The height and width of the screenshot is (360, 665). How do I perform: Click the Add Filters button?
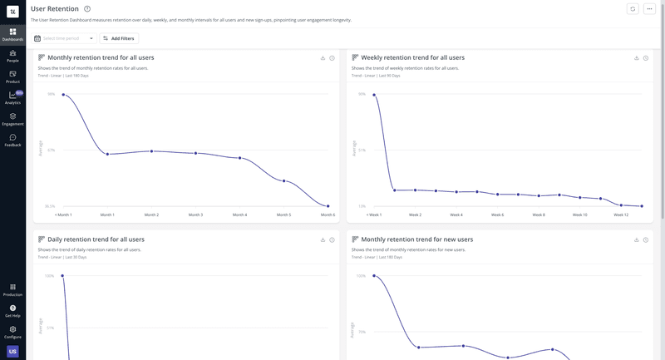(x=119, y=38)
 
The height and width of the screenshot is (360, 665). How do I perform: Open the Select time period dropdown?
(x=64, y=38)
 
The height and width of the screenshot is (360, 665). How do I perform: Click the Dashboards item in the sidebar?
(x=12, y=34)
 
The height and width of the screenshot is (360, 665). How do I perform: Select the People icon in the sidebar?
(x=12, y=56)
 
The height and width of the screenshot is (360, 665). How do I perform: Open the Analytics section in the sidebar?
(x=12, y=98)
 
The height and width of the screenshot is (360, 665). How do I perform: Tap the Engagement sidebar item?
(x=12, y=119)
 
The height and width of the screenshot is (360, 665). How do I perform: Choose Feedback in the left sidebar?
(x=12, y=141)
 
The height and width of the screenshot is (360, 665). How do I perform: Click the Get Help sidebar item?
(x=12, y=310)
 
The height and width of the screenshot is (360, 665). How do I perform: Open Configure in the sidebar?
(x=12, y=332)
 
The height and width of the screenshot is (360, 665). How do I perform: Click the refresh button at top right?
(x=633, y=9)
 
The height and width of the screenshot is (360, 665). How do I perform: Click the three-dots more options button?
(x=650, y=9)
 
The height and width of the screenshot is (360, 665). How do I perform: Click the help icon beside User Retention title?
(x=87, y=9)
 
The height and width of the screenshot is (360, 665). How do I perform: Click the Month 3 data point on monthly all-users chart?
(x=195, y=153)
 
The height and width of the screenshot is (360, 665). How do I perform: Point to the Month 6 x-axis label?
(x=328, y=215)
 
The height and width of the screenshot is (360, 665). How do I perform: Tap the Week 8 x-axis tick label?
(x=539, y=215)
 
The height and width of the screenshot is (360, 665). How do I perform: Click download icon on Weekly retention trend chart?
(x=637, y=58)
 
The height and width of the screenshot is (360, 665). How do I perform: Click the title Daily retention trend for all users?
(x=96, y=239)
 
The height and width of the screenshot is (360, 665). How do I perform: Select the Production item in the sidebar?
(x=12, y=289)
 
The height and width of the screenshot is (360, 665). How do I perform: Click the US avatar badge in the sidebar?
(x=12, y=352)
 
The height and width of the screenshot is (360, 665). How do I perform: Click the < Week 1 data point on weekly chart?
(x=374, y=94)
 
